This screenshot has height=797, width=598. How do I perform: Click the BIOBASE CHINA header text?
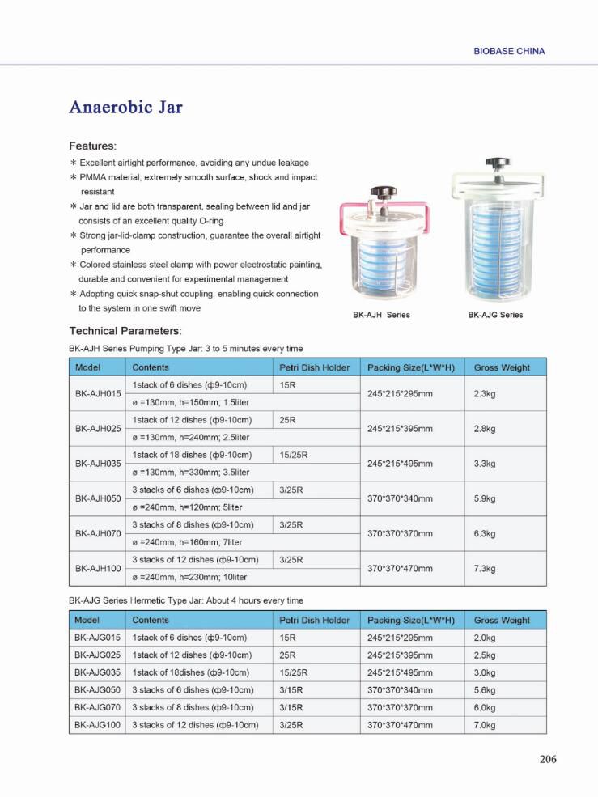508,51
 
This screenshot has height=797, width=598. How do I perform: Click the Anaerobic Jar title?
125,108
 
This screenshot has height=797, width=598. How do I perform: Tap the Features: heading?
93,146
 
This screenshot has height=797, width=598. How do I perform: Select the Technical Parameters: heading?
125,331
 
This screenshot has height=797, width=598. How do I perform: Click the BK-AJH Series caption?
381,315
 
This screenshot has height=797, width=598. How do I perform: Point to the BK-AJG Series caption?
495,315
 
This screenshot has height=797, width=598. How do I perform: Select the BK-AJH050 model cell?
97,498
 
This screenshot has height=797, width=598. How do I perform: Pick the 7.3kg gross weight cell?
486,569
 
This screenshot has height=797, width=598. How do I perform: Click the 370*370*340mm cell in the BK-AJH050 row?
400,498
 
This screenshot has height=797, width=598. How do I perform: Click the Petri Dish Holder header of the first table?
315,367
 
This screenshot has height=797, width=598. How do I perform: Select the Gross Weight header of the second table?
502,621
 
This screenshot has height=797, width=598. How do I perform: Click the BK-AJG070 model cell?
97,708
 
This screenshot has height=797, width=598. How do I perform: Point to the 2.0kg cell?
485,638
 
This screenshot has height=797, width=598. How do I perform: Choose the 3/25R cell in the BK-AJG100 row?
291,725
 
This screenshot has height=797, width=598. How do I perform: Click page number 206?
548,759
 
